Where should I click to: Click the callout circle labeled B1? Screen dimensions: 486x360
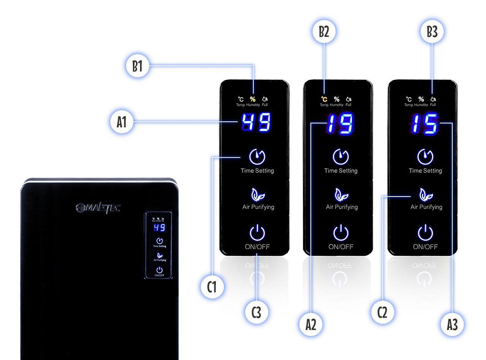tap(137, 66)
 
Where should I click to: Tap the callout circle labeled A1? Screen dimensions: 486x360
tap(122, 122)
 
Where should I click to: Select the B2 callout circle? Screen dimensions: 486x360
tap(324, 32)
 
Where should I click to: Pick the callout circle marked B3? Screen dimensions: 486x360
tap(432, 32)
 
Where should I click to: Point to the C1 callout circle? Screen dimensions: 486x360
tap(212, 287)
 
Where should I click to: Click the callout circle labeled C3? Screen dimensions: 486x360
tap(256, 312)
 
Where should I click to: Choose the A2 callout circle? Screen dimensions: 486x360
tap(311, 325)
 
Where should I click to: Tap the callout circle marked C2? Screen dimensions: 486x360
tap(383, 312)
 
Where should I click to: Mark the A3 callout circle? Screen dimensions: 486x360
tap(453, 325)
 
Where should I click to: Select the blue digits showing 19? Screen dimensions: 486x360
tap(340, 123)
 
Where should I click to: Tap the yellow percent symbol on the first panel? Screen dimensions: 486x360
tap(253, 100)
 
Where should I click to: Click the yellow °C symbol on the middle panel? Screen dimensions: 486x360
tap(324, 100)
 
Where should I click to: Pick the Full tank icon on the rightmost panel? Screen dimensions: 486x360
tap(433, 100)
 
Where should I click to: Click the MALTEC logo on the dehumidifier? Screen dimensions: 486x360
tap(98, 208)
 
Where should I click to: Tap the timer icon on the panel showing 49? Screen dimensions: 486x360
tap(257, 156)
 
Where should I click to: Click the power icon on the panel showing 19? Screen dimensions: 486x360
tap(341, 233)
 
